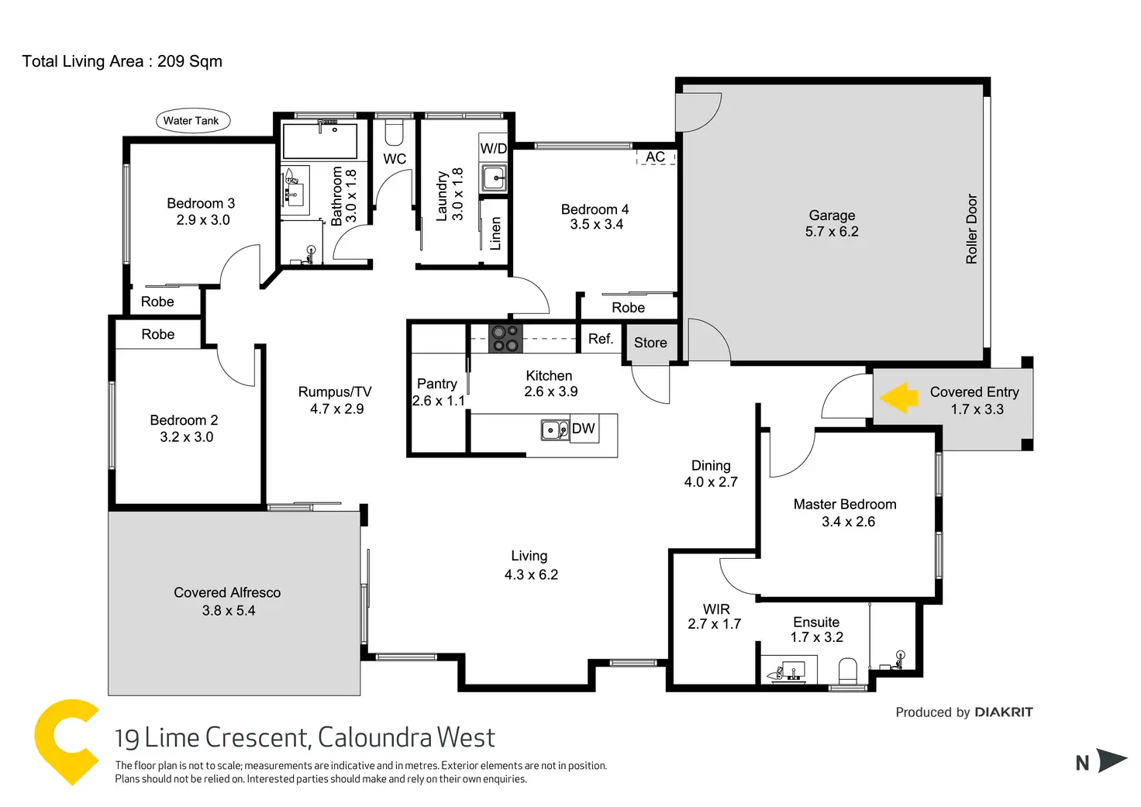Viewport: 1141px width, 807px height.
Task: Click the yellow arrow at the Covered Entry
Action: (x=899, y=398)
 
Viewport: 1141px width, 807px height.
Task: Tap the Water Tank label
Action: (x=191, y=121)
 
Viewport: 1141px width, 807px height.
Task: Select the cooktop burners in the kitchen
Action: (x=505, y=339)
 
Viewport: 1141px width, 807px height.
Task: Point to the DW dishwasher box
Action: (x=584, y=429)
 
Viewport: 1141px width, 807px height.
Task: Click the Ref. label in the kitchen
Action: (x=601, y=339)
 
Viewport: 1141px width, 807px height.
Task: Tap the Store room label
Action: (x=650, y=343)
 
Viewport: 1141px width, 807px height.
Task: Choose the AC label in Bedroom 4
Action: (x=656, y=157)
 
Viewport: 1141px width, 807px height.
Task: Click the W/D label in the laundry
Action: (x=494, y=148)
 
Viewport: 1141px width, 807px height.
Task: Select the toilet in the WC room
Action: (x=395, y=133)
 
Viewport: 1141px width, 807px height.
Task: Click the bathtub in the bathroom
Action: (x=319, y=140)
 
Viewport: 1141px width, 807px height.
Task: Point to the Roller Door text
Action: (x=972, y=229)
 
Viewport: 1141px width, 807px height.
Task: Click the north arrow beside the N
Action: (x=1112, y=760)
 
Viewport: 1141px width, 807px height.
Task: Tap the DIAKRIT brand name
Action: (x=1004, y=712)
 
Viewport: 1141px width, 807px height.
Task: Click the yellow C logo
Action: (x=66, y=741)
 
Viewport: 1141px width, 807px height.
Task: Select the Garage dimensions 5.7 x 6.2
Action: (x=832, y=232)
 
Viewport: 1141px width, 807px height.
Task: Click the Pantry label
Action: (x=437, y=384)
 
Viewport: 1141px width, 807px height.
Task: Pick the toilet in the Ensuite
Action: (x=848, y=671)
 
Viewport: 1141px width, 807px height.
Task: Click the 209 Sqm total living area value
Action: (x=190, y=61)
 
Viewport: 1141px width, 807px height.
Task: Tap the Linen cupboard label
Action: (x=495, y=233)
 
